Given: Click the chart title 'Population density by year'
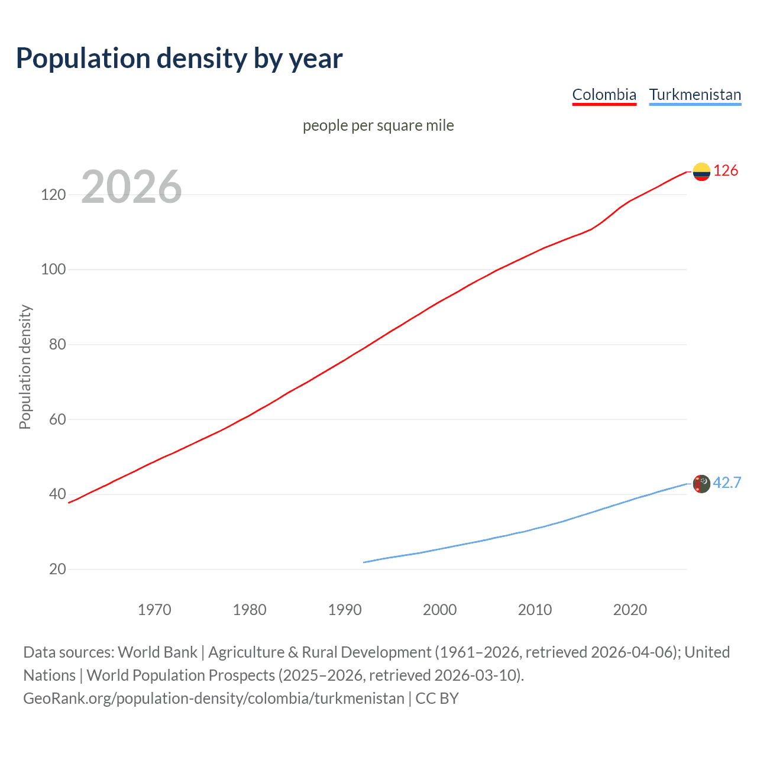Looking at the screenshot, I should (179, 59).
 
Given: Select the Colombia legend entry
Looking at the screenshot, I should (604, 95).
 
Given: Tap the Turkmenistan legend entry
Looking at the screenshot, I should (695, 95).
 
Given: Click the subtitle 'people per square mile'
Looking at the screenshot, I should (378, 125).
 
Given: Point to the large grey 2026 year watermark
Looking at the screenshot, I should (131, 187).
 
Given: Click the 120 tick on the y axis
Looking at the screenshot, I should (53, 195).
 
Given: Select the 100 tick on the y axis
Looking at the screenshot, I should (53, 270).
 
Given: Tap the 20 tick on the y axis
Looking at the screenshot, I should (57, 569).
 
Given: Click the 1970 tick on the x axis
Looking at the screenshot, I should (154, 610).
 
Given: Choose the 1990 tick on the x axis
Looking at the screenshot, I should (345, 610).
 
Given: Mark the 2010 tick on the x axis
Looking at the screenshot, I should (535, 610).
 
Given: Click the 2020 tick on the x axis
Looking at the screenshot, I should (630, 610).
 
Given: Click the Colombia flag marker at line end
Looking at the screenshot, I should (701, 172).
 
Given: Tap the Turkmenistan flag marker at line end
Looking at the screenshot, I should (701, 484).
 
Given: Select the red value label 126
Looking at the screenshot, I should (726, 171).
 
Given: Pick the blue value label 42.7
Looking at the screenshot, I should (727, 483).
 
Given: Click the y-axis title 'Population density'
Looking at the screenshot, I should (25, 367).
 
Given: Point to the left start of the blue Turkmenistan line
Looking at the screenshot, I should (364, 562).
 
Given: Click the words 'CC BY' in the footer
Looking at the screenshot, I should (437, 698).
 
